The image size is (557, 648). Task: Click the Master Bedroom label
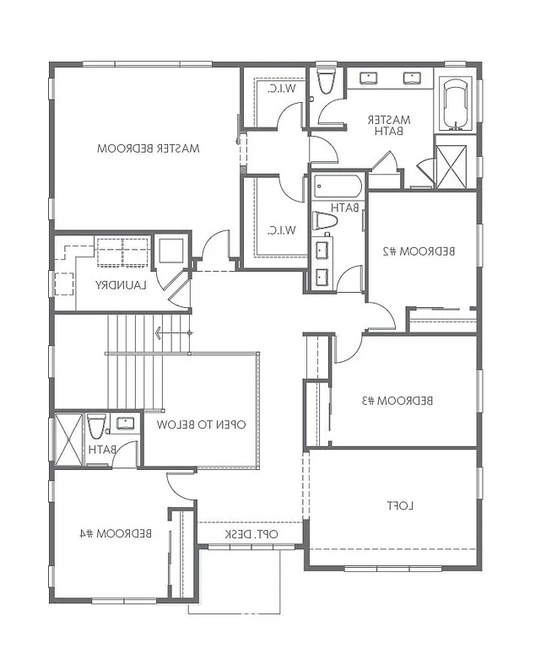[x=148, y=148]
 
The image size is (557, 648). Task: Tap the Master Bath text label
[x=390, y=125]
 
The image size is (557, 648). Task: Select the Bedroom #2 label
[x=419, y=251]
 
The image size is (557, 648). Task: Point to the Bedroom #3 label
[x=398, y=400]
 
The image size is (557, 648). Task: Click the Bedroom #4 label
[x=116, y=533]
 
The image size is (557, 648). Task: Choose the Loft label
[x=398, y=505]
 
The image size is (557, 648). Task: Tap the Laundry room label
[x=121, y=284]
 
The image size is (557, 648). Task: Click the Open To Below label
[x=202, y=424]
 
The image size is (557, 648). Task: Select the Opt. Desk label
[x=251, y=534]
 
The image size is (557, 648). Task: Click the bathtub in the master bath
[x=456, y=104]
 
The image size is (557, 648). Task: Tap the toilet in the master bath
[x=326, y=82]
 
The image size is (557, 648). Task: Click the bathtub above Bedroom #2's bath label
[x=338, y=186]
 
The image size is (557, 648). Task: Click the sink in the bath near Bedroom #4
[x=125, y=424]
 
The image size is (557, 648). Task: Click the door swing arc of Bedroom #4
[x=180, y=485]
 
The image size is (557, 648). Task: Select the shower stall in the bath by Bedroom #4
[x=67, y=438]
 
